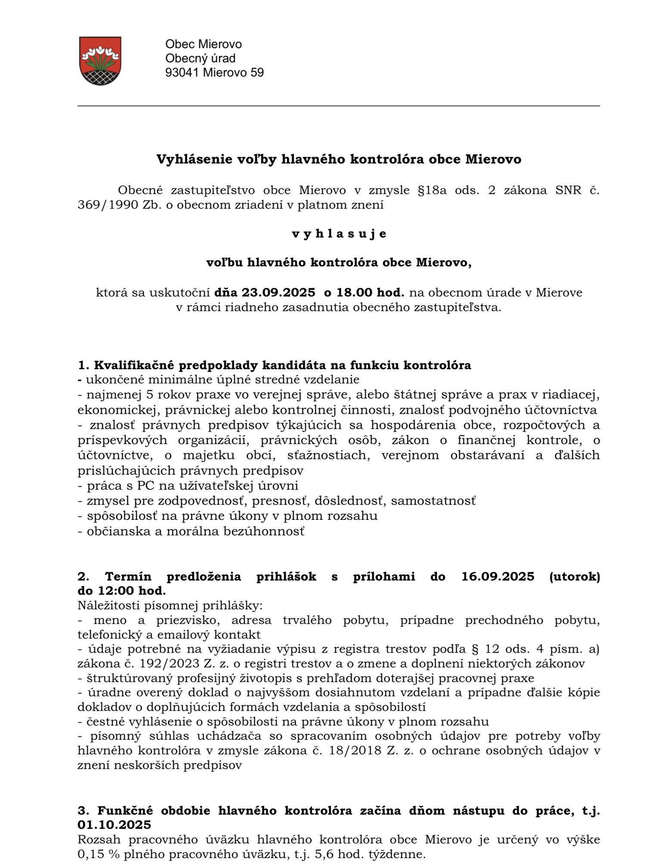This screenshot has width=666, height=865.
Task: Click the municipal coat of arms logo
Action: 100,61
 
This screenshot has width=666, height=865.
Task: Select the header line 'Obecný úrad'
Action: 201,58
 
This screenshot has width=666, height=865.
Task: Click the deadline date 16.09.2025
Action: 498,577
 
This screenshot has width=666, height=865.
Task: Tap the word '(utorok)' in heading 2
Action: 574,577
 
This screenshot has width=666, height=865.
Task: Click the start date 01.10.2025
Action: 115,825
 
